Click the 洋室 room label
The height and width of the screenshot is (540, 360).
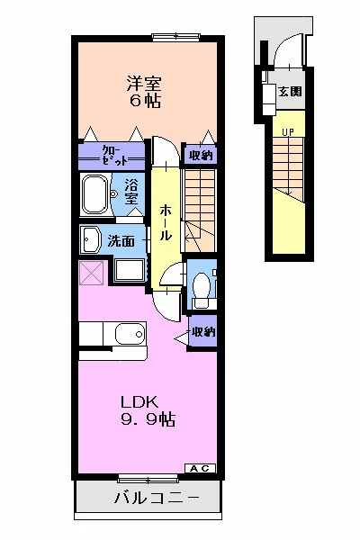point(144,84)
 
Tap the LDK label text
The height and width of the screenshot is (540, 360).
point(139,402)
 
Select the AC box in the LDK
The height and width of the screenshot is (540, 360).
point(201,468)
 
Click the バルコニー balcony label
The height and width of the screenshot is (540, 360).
point(157,498)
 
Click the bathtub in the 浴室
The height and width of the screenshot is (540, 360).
point(95,195)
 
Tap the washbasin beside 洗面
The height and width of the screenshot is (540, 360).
point(90,239)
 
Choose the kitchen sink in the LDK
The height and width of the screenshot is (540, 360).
point(130,333)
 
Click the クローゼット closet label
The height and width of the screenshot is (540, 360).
point(115,156)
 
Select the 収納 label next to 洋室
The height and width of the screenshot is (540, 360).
point(201,156)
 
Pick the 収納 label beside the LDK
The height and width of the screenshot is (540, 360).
point(203,331)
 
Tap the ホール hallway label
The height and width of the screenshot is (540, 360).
point(166,223)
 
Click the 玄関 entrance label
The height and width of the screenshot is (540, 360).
point(290,91)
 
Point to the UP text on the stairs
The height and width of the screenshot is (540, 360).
point(288,132)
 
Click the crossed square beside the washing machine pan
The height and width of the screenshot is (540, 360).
point(91,273)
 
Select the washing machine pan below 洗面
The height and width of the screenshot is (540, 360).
point(130,270)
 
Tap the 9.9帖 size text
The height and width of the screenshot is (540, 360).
point(148,419)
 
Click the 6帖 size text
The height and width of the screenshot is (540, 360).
point(145,101)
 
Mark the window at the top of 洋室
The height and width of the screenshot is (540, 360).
point(176,37)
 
